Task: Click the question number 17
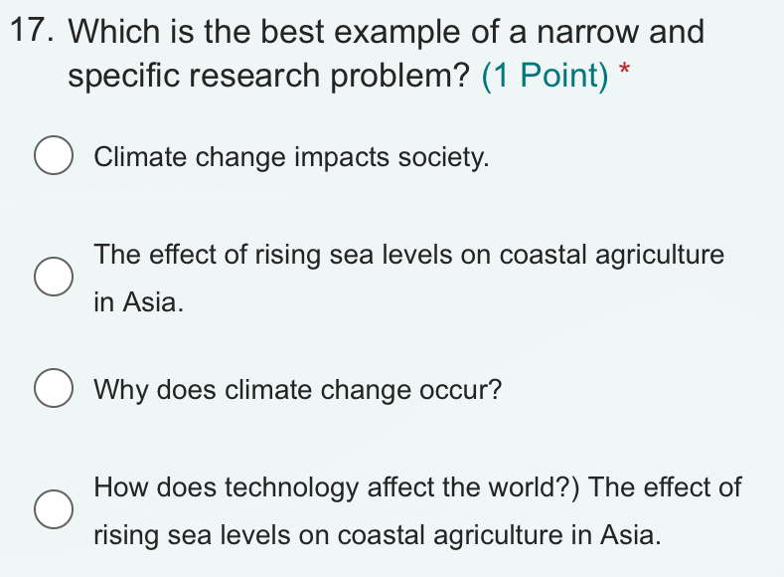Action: pos(32,30)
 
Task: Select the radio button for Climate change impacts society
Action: pos(54,155)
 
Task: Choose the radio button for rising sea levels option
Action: pos(54,277)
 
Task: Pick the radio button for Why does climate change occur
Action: pos(54,388)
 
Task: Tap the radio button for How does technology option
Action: pos(54,509)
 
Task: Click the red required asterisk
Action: pos(624,69)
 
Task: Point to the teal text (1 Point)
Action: pos(545,76)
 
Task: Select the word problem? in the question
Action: pos(400,76)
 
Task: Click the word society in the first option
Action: pos(443,157)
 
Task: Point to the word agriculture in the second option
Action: pos(660,256)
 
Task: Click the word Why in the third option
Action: pos(120,390)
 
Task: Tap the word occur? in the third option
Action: pos(460,390)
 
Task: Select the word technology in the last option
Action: pos(291,487)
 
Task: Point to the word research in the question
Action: pos(254,76)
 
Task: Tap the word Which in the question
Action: pos(113,31)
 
